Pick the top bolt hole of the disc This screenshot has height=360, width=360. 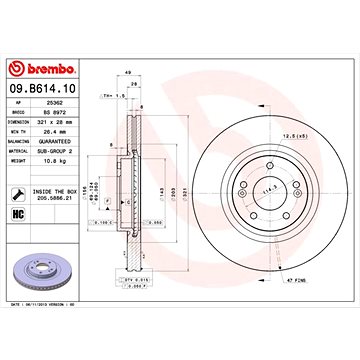click(262, 162)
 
